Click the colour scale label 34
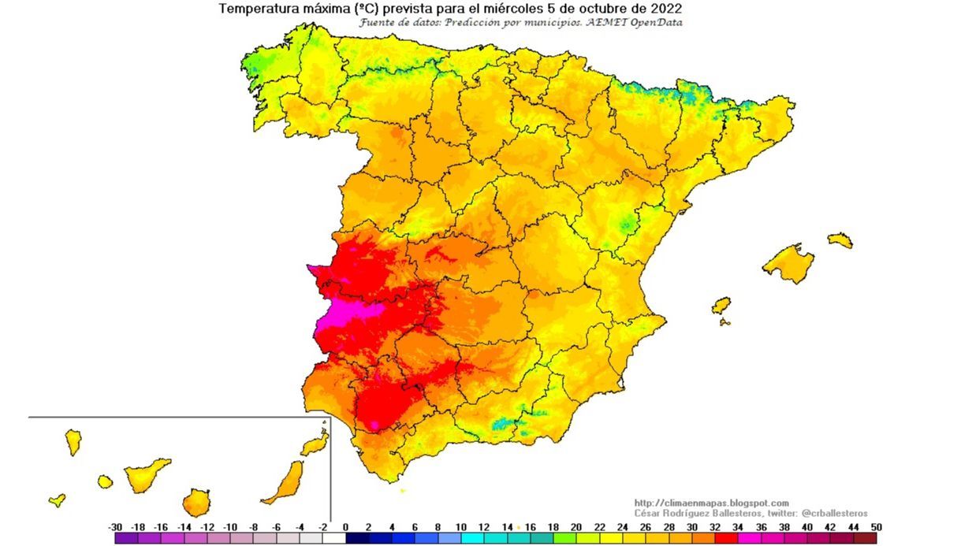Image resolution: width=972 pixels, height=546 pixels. click(x=738, y=527)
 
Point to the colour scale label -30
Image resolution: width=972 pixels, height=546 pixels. click(x=115, y=527)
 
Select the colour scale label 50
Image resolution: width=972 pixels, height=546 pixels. click(x=876, y=527)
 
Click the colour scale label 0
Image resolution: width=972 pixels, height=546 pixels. click(x=345, y=527)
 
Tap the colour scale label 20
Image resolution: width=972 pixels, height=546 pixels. click(x=576, y=527)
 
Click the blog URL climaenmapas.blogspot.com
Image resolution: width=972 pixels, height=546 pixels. click(x=711, y=503)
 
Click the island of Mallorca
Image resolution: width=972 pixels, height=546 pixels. click(x=788, y=262)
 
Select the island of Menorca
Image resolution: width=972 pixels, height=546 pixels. click(x=840, y=240)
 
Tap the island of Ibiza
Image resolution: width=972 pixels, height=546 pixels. click(x=721, y=305)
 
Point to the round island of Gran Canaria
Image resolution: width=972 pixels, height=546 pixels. click(x=196, y=502)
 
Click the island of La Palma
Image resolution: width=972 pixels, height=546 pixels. click(x=73, y=441)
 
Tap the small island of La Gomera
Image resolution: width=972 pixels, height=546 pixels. click(x=105, y=481)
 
